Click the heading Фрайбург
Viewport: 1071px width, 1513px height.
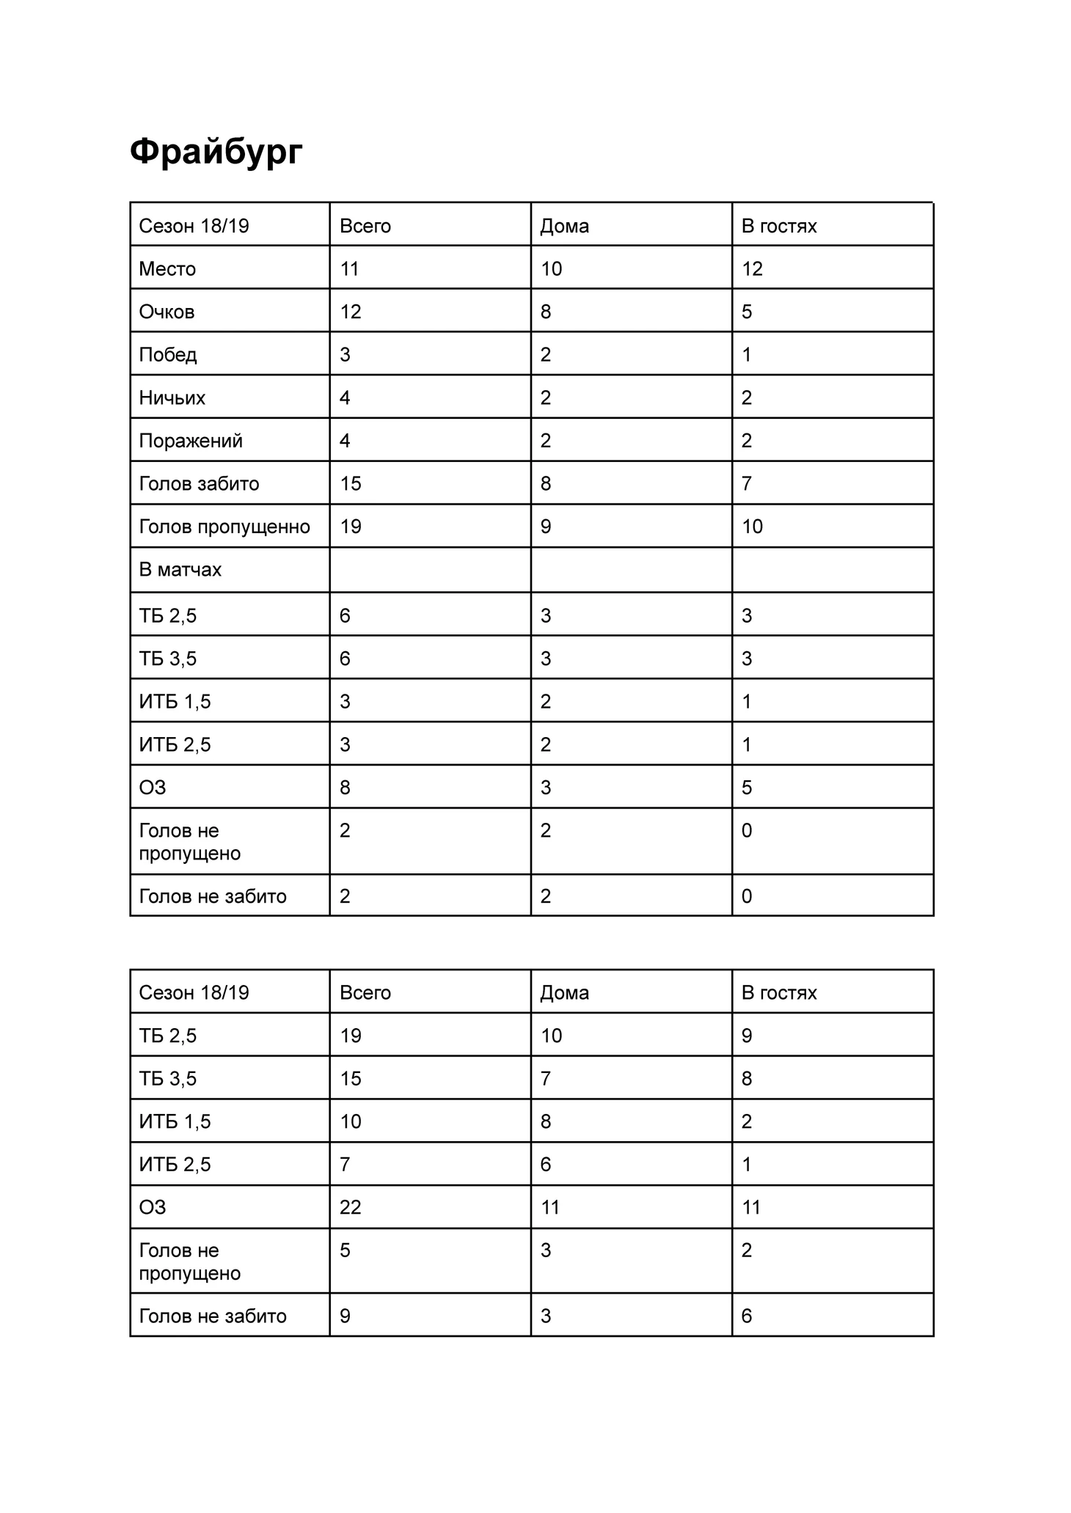(216, 152)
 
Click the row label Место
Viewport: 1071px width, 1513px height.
(167, 268)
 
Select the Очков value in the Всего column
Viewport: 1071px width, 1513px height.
(351, 312)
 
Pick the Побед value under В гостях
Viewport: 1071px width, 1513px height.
(747, 355)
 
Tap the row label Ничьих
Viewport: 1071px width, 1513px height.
(172, 398)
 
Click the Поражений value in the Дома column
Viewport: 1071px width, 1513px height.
(546, 441)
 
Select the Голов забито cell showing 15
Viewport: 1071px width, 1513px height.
(351, 483)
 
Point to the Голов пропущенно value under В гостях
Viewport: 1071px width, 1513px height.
(753, 527)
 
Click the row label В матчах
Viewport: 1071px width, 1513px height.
(180, 570)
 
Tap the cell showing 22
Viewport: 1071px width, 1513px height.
(351, 1207)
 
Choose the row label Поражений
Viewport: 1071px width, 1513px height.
(191, 441)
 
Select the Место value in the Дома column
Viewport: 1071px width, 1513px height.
(552, 268)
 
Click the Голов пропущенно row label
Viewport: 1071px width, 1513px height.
(224, 527)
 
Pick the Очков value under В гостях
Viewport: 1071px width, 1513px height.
(747, 312)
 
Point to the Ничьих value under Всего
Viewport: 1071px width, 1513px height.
(345, 398)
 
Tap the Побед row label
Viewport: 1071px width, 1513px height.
(168, 355)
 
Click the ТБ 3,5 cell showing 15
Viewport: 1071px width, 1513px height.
(351, 1078)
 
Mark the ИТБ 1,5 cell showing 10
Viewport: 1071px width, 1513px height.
(351, 1121)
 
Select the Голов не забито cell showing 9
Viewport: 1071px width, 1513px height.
(345, 1316)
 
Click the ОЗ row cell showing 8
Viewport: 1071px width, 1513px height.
(345, 788)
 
